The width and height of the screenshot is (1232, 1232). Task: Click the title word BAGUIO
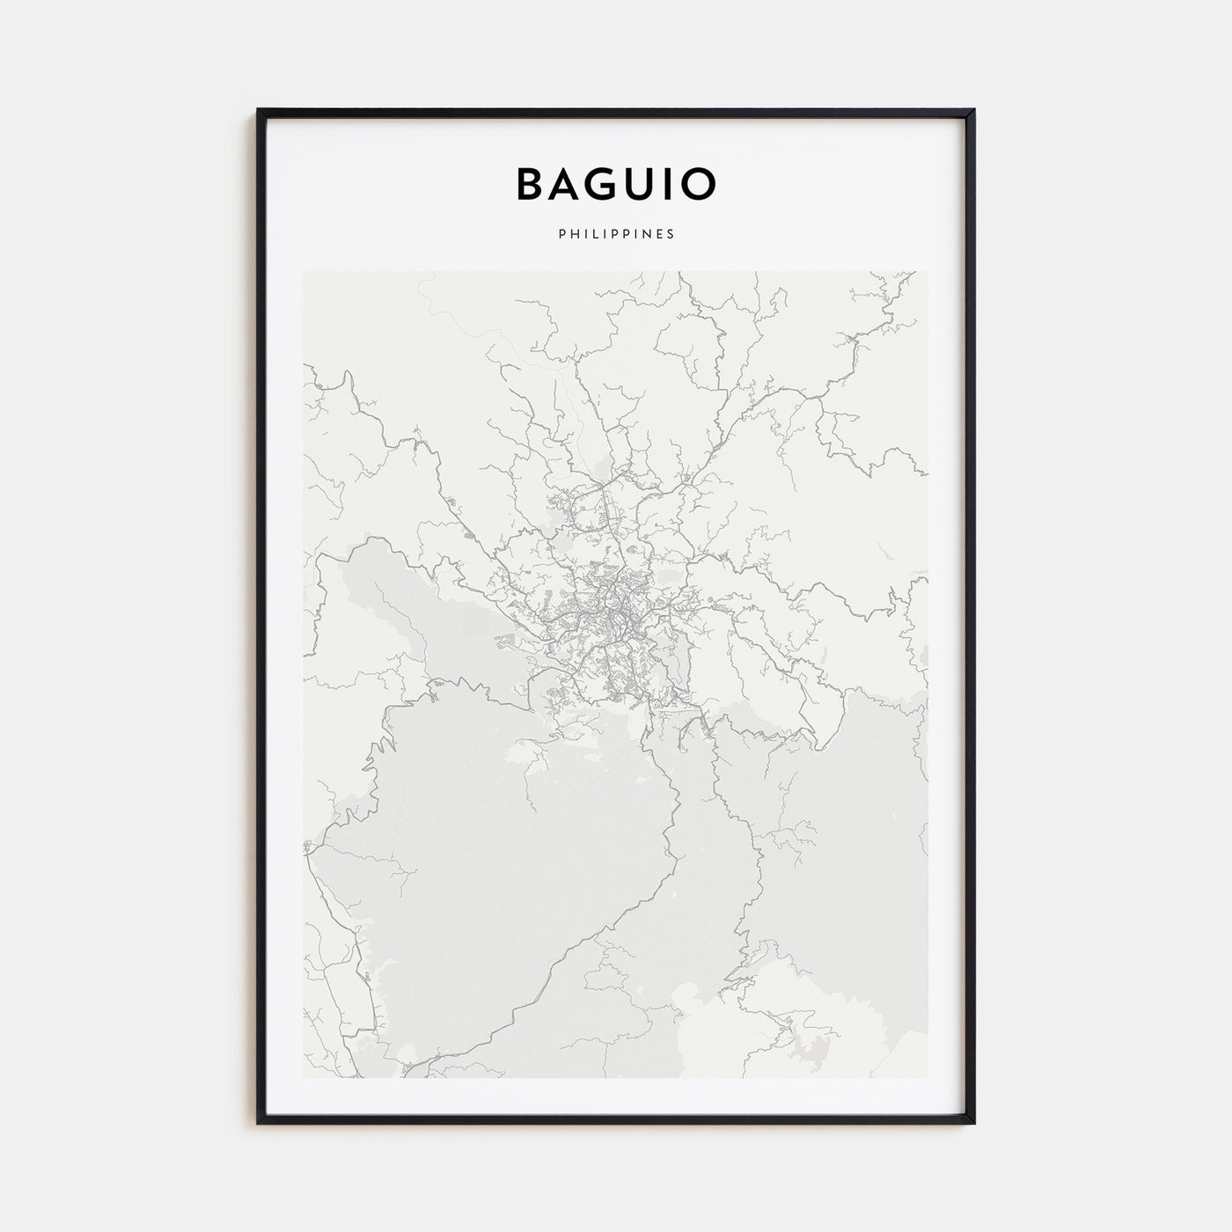pos(616,184)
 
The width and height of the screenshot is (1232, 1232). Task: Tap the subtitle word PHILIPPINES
pos(616,234)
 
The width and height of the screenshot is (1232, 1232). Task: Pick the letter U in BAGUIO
pos(642,184)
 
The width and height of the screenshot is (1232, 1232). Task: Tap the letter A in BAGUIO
pos(568,184)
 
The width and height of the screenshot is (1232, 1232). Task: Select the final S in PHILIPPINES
pos(671,234)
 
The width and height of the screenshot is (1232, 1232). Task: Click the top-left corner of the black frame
pos(259,110)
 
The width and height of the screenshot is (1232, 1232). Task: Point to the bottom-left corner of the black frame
pos(259,1123)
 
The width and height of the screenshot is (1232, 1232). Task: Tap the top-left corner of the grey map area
pos(304,272)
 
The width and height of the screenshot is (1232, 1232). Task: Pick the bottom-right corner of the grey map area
pos(927,1076)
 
